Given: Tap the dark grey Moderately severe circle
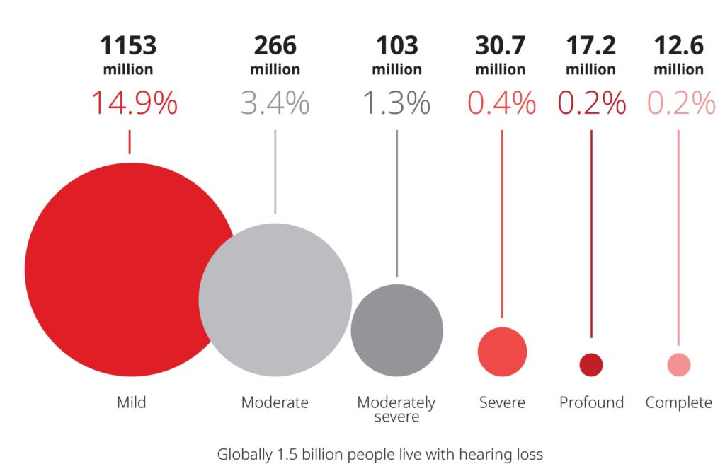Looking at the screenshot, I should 396,330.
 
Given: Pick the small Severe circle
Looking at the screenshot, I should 502,352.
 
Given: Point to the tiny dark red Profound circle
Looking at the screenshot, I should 590,365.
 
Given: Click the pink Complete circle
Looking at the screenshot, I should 678,365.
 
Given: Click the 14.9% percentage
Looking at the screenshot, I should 133,104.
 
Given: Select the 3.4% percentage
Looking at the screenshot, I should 275,104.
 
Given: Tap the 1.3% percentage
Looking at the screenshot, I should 396,104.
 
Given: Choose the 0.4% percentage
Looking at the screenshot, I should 501,104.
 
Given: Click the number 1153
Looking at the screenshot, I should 128,46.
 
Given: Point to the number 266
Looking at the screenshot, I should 275,46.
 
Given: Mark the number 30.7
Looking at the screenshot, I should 501,46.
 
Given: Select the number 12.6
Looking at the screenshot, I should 678,46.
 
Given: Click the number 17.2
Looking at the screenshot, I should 590,46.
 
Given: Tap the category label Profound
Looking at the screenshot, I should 591,402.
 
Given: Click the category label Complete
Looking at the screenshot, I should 678,402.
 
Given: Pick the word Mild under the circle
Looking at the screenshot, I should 131,402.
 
